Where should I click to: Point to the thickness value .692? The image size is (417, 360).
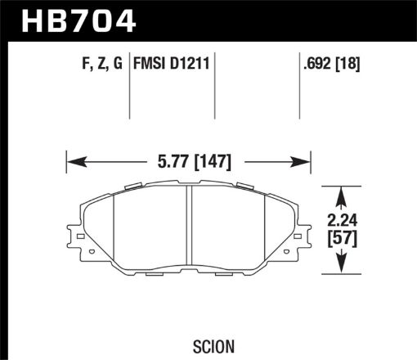315,61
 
